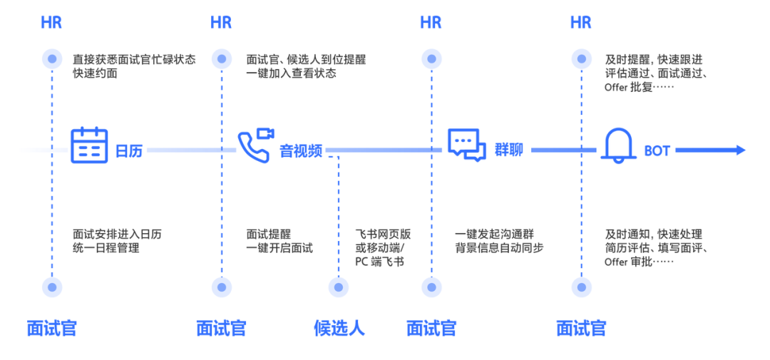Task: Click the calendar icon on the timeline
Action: coord(90,145)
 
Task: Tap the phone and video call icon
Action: coord(255,145)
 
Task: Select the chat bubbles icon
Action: coord(467,145)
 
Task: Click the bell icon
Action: coord(619,145)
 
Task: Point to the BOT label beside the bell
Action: coord(657,150)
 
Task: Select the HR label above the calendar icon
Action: coord(51,22)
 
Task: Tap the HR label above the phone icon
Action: coord(222,22)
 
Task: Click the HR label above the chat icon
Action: coord(431,22)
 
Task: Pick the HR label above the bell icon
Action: coord(581,22)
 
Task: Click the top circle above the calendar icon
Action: coord(51,59)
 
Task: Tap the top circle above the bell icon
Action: coord(581,59)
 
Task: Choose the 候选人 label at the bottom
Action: coord(339,328)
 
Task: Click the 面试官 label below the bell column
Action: coord(581,328)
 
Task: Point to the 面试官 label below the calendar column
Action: coord(51,328)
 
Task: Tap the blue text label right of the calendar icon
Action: coord(129,150)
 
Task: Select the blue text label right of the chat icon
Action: coord(509,150)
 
